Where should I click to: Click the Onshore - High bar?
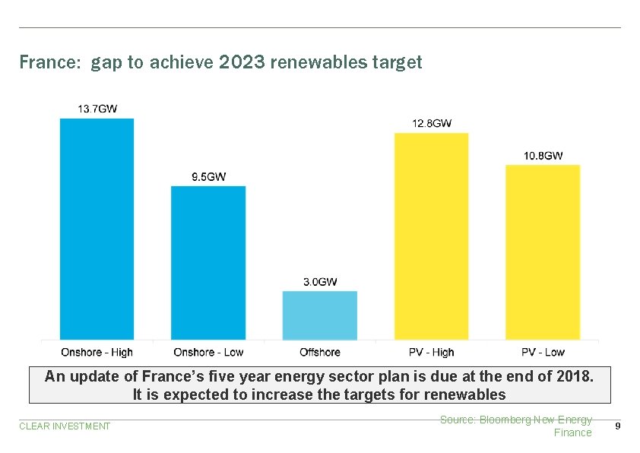(97, 228)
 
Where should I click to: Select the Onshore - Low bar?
(208, 262)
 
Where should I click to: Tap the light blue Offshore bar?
(319, 315)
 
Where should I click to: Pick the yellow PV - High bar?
(431, 236)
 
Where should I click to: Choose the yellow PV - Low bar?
(543, 252)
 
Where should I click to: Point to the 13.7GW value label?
(97, 109)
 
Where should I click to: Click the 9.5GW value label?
(208, 177)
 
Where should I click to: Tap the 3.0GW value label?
(320, 282)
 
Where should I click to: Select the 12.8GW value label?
(432, 123)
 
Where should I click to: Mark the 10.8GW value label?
(543, 156)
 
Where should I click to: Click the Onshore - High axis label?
(97, 353)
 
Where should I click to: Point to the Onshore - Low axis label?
(208, 353)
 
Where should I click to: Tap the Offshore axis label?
(320, 353)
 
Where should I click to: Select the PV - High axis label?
(431, 353)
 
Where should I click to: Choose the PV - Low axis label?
(543, 353)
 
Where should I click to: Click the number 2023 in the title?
(242, 62)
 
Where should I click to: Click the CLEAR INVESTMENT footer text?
(65, 426)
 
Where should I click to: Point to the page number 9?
(617, 426)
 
